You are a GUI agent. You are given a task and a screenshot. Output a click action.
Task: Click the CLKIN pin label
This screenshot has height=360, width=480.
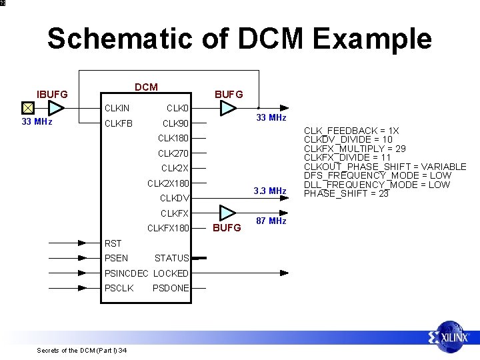(x=117, y=108)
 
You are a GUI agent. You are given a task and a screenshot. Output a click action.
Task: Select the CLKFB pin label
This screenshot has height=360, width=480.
(x=118, y=123)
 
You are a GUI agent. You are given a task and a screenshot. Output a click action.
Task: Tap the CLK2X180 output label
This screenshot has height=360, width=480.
(x=168, y=183)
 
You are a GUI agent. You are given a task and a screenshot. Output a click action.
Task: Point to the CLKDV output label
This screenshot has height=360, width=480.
(x=175, y=198)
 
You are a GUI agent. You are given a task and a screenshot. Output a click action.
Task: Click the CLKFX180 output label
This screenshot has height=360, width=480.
(x=168, y=228)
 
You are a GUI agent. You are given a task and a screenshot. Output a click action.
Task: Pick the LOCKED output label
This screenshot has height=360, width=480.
(x=171, y=273)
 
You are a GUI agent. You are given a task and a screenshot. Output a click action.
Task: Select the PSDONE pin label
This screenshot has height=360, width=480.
(x=171, y=288)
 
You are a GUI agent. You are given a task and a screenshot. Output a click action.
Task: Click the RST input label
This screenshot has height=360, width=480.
(x=113, y=243)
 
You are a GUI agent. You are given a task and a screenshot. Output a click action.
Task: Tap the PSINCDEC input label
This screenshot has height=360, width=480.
(x=127, y=273)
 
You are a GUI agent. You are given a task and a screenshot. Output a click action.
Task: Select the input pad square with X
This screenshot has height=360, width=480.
(x=27, y=108)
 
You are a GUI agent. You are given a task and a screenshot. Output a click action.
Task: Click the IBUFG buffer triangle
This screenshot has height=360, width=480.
(x=56, y=108)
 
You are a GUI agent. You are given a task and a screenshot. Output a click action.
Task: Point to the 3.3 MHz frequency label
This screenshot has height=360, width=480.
(x=270, y=191)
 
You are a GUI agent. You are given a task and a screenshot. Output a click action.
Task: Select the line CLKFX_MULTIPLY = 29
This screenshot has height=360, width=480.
(x=355, y=149)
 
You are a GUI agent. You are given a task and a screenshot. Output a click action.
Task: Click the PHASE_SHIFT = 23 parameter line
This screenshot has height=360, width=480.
(x=346, y=193)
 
